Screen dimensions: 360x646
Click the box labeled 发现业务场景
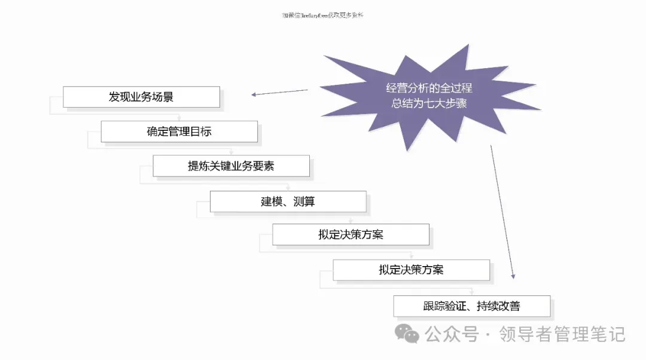click(141, 97)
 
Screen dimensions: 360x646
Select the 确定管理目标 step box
click(179, 132)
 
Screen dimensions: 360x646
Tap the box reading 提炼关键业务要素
click(231, 166)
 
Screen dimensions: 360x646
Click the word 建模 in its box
click(271, 202)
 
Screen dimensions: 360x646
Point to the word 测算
click(304, 202)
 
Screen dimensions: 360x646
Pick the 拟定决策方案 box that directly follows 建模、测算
click(351, 234)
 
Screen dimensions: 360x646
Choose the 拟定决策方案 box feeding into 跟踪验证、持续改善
click(411, 270)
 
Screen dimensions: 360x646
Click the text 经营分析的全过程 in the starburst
click(429, 89)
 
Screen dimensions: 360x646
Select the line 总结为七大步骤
click(429, 103)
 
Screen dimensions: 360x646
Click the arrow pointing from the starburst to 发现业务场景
click(279, 92)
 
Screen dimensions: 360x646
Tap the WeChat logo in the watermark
click(409, 334)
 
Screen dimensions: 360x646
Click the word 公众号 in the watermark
click(452, 334)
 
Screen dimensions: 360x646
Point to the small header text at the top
click(322, 16)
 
